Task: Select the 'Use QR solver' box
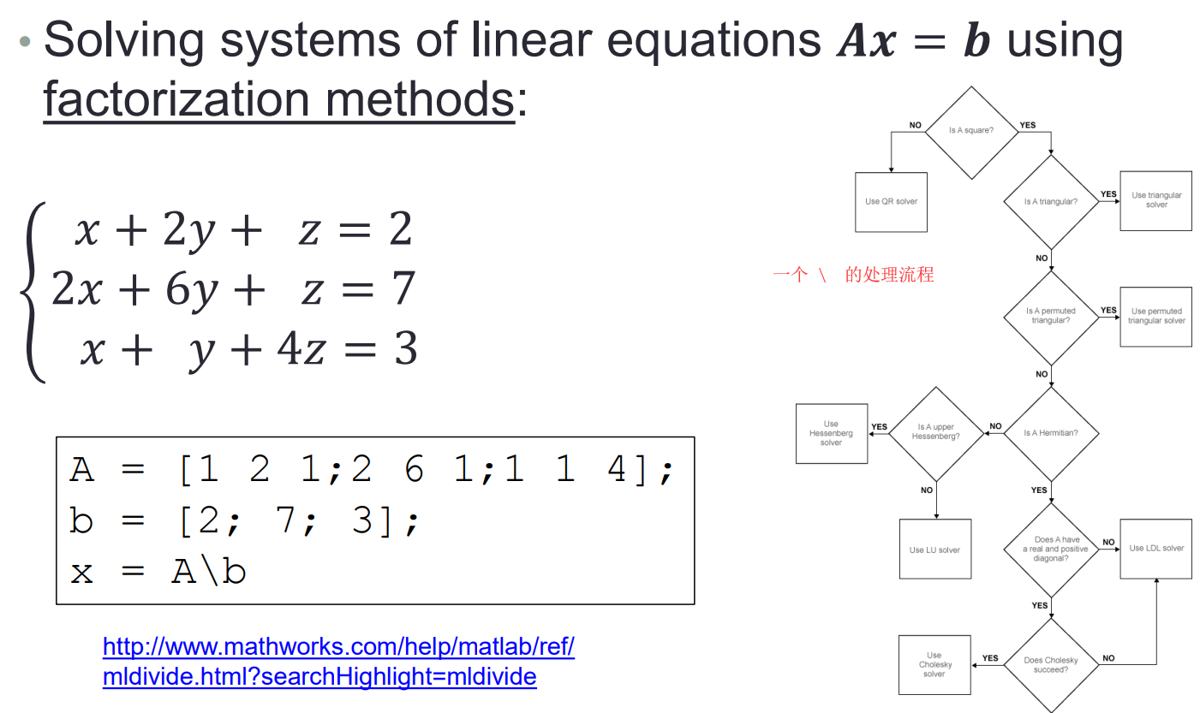891,202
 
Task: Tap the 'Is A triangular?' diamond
1051,202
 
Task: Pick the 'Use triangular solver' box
1156,201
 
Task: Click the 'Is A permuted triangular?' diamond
1051,318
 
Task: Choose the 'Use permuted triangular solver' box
1156,317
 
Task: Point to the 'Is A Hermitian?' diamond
1051,433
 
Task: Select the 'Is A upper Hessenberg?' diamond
936,434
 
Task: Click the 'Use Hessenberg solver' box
832,434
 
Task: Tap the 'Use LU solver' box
935,550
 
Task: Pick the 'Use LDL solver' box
1156,549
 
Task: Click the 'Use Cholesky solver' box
934,665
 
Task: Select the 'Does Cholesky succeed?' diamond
1051,665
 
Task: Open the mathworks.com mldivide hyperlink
338,662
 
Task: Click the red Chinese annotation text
853,275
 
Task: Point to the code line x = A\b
158,572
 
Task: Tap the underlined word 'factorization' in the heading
176,99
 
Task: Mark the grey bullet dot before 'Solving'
25,41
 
